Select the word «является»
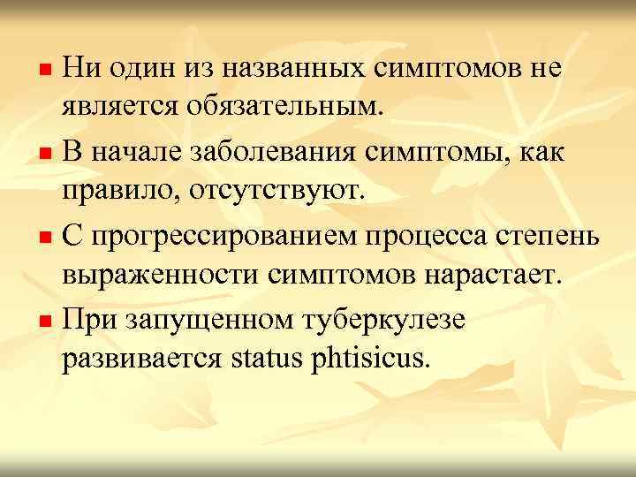coord(120,109)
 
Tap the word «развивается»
coord(144,360)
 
